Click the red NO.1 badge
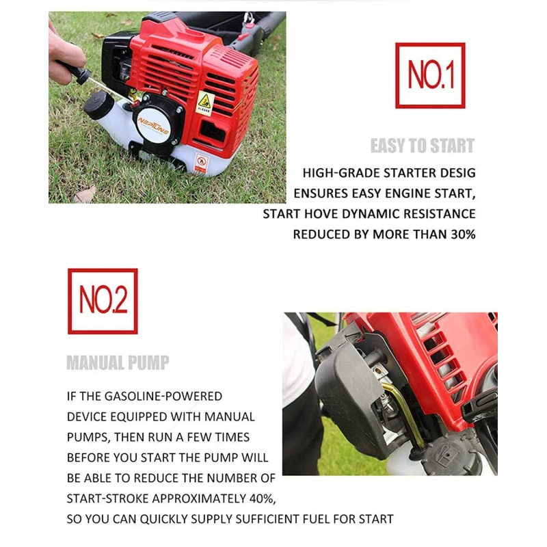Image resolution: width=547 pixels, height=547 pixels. pyautogui.click(x=430, y=75)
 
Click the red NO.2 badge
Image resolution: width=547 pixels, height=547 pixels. pyautogui.click(x=103, y=301)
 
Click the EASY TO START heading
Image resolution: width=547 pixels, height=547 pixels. pyautogui.click(x=422, y=146)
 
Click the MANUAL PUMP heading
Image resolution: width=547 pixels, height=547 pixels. pyautogui.click(x=118, y=362)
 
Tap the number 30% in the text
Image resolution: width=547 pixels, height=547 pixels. pyautogui.click(x=462, y=235)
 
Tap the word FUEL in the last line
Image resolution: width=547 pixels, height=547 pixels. pyautogui.click(x=297, y=519)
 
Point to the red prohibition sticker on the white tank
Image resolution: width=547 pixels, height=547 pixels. pyautogui.click(x=201, y=162)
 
